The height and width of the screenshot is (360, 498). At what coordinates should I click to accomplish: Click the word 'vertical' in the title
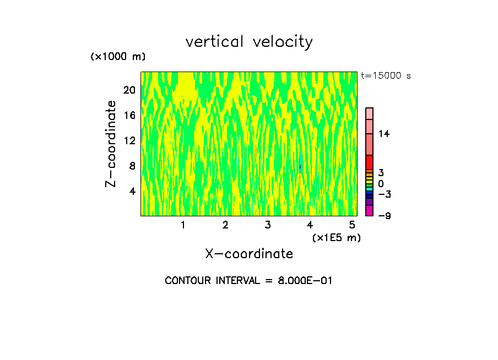pyautogui.click(x=215, y=42)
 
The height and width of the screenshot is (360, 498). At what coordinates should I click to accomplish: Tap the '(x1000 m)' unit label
pyautogui.click(x=117, y=57)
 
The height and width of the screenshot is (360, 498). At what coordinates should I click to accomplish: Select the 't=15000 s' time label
pyautogui.click(x=386, y=76)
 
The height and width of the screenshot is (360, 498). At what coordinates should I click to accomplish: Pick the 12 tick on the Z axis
pyautogui.click(x=129, y=140)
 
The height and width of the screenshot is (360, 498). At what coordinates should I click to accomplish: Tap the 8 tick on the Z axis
pyautogui.click(x=132, y=166)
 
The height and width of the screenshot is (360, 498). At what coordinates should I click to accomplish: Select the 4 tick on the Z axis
pyautogui.click(x=132, y=191)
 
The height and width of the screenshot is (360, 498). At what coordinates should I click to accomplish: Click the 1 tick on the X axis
pyautogui.click(x=183, y=225)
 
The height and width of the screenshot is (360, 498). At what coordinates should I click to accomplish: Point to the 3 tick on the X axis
pyautogui.click(x=268, y=225)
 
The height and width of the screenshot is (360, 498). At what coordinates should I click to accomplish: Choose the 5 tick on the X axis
pyautogui.click(x=352, y=225)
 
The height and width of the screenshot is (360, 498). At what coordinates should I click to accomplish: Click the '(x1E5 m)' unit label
pyautogui.click(x=336, y=237)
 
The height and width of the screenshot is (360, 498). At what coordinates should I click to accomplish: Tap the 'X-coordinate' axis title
pyautogui.click(x=249, y=254)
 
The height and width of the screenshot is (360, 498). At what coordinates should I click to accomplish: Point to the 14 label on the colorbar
pyautogui.click(x=384, y=134)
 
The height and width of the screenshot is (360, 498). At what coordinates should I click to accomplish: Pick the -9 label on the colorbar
pyautogui.click(x=384, y=215)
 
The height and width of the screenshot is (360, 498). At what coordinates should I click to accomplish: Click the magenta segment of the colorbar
pyautogui.click(x=369, y=210)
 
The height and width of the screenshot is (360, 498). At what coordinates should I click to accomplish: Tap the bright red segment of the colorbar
pyautogui.click(x=369, y=162)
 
